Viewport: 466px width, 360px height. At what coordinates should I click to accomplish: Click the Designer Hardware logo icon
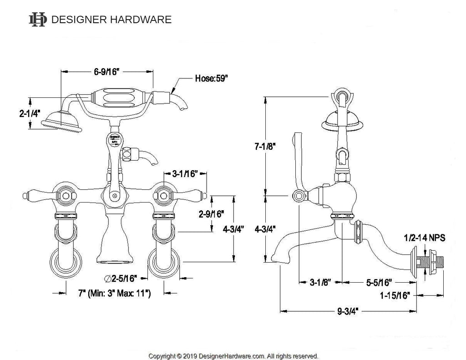click(37, 19)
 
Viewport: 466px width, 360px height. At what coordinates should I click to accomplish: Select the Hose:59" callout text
click(211, 78)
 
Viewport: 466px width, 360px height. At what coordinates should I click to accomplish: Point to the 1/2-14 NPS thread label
click(424, 238)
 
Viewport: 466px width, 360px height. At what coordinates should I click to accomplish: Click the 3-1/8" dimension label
click(320, 283)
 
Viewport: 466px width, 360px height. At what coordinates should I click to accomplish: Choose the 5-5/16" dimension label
click(380, 283)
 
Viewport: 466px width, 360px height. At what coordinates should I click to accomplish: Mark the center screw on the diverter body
click(115, 196)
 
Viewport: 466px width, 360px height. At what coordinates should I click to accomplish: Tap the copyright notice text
click(234, 355)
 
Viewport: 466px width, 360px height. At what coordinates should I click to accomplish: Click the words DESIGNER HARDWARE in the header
click(111, 20)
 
